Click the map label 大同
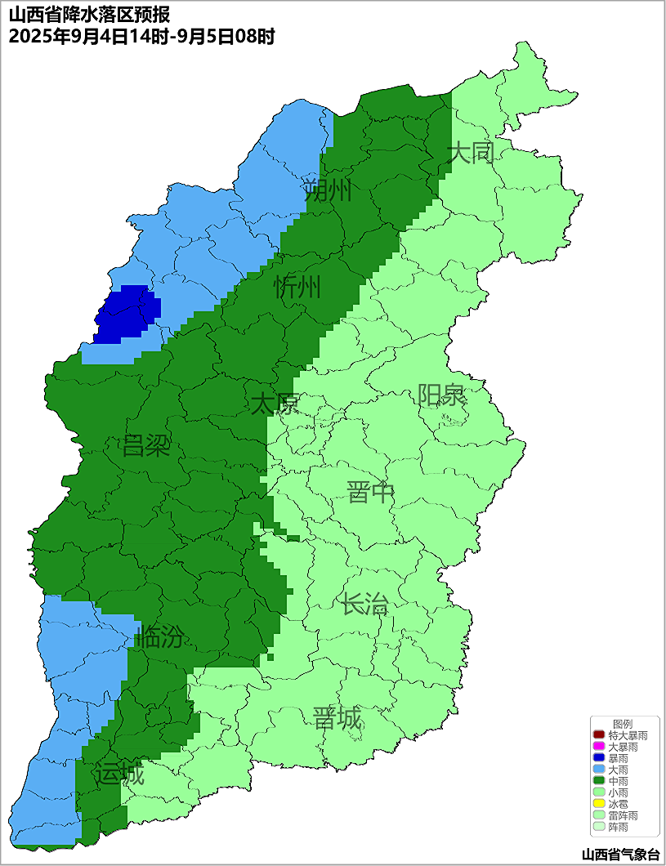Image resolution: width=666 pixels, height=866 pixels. click(x=471, y=153)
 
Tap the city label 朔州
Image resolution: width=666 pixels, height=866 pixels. click(x=327, y=190)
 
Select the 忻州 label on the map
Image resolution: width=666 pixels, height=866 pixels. click(x=297, y=288)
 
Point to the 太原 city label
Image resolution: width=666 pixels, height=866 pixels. click(x=275, y=404)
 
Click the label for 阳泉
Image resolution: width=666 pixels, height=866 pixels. click(x=441, y=395)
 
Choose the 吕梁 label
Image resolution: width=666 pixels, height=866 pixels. click(x=145, y=446)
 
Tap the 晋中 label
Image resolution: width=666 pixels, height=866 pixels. click(x=370, y=493)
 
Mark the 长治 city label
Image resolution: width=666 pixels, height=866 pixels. click(x=364, y=605)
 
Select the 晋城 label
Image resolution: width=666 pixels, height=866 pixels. click(x=337, y=719)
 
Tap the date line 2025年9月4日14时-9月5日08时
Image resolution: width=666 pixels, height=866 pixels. click(x=141, y=36)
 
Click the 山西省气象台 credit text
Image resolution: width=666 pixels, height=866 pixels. click(x=619, y=855)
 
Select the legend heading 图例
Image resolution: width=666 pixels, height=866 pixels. click(x=622, y=724)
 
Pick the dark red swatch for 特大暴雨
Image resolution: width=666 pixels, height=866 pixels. click(x=598, y=735)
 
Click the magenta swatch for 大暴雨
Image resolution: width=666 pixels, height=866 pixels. click(x=598, y=747)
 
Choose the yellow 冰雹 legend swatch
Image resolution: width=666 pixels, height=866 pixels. click(x=598, y=804)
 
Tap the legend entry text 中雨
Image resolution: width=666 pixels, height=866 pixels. click(x=619, y=781)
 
